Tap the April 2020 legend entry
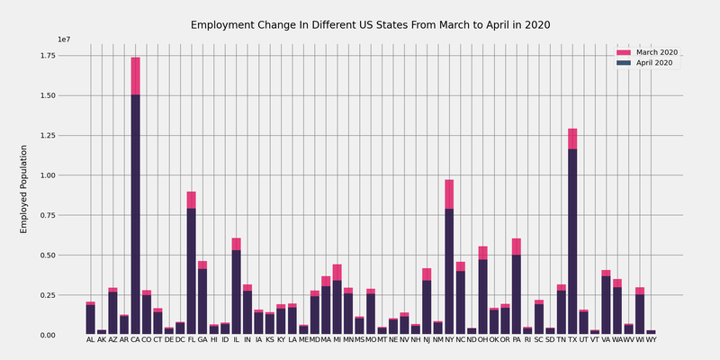(x=655, y=62)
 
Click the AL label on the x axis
(x=90, y=340)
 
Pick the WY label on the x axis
(x=652, y=340)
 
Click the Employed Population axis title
(x=25, y=189)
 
